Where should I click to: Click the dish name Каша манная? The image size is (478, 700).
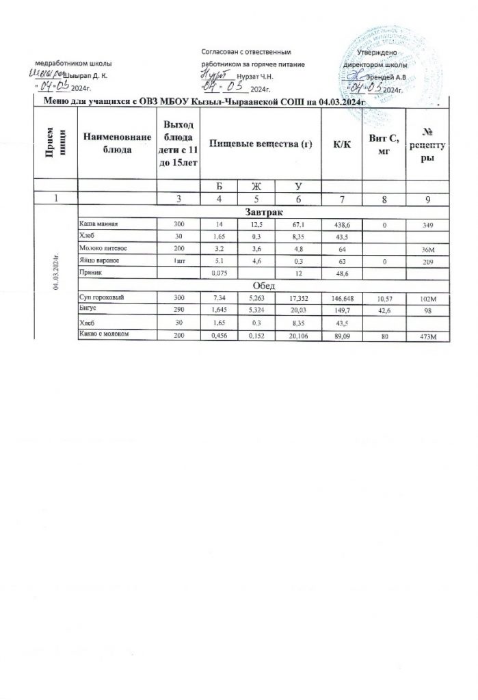coord(100,224)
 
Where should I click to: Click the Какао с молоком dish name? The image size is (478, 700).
coord(106,334)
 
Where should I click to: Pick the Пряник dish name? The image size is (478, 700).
coord(92,272)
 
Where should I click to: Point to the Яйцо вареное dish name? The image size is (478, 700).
coord(103,260)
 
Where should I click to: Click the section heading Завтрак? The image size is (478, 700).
coord(263,213)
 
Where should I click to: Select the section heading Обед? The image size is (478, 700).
coord(263,285)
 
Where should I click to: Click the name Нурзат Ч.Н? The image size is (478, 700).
coord(254,77)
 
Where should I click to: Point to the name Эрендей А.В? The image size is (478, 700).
coord(388,77)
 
